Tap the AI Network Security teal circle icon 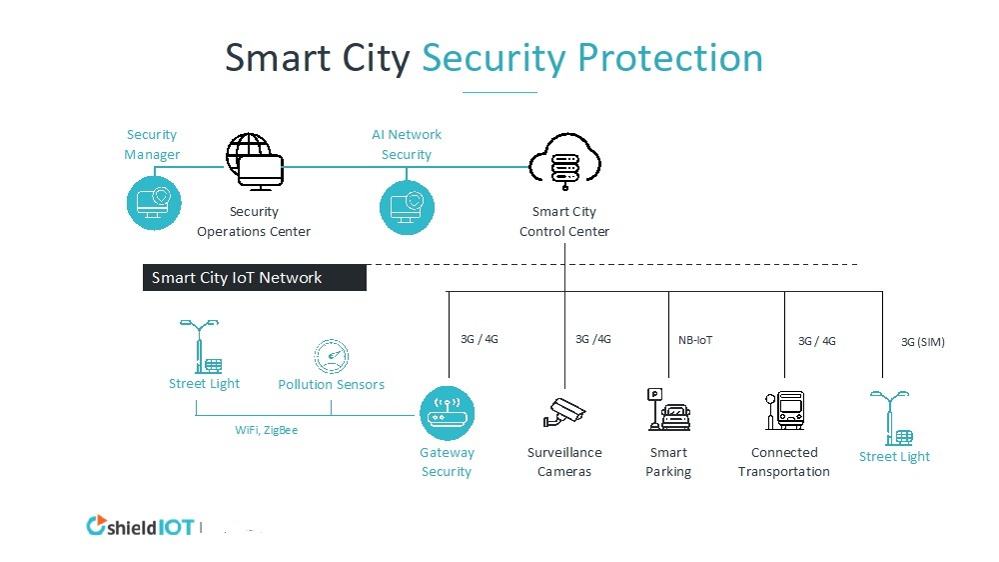pyautogui.click(x=407, y=206)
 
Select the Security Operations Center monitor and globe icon pyautogui.click(x=255, y=163)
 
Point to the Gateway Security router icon pyautogui.click(x=447, y=413)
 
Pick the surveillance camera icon pyautogui.click(x=564, y=411)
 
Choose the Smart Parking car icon pyautogui.click(x=668, y=410)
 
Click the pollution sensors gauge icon pyautogui.click(x=332, y=356)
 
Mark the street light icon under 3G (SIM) pyautogui.click(x=893, y=418)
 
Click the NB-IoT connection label pyautogui.click(x=695, y=340)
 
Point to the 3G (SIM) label pyautogui.click(x=922, y=342)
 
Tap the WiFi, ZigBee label pyautogui.click(x=266, y=430)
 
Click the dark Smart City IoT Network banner pyautogui.click(x=254, y=278)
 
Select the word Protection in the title pyautogui.click(x=670, y=58)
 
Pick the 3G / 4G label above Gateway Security pyautogui.click(x=479, y=339)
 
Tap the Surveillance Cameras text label pyautogui.click(x=564, y=462)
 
